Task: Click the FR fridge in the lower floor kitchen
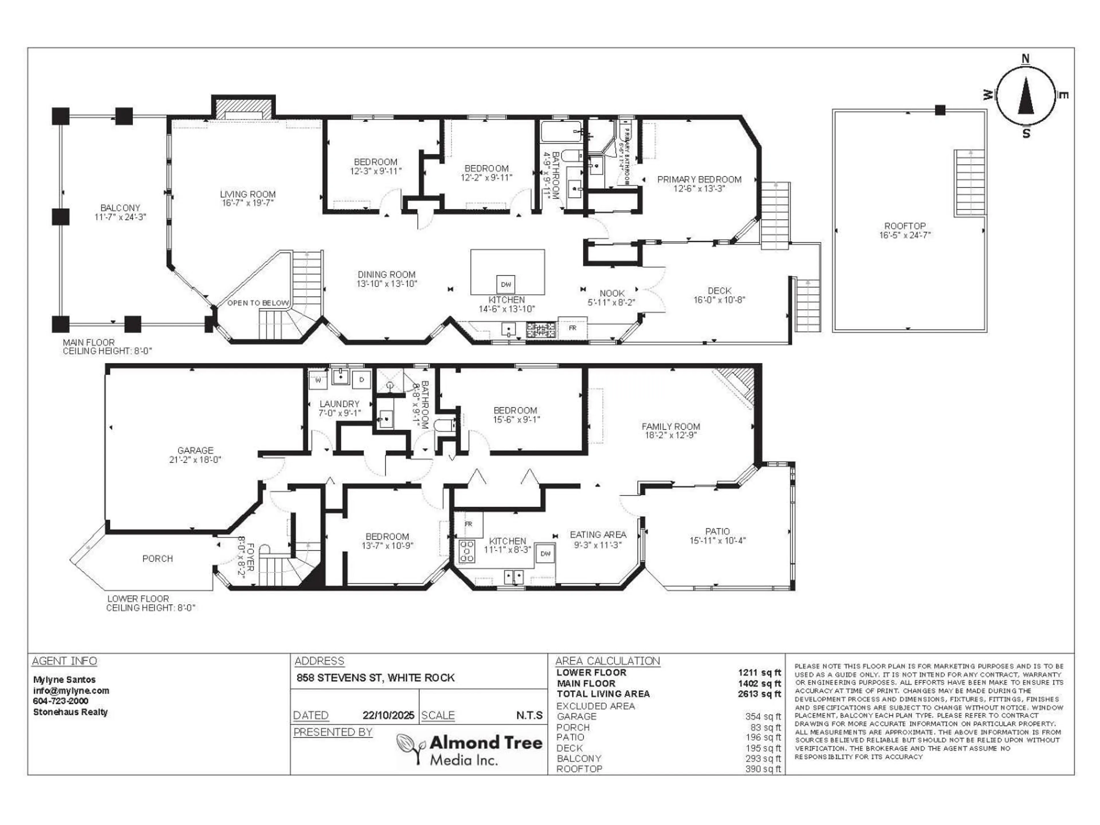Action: [468, 524]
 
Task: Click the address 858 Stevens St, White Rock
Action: [376, 678]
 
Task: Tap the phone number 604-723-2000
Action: [61, 701]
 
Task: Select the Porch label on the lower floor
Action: [158, 559]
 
